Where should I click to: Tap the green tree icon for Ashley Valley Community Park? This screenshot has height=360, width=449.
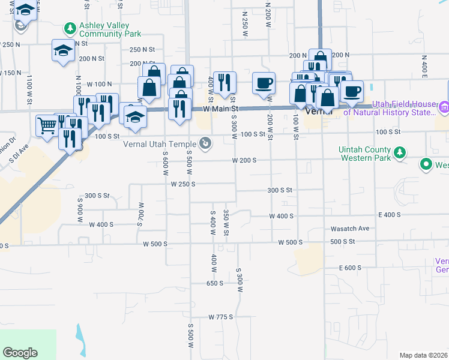pyautogui.click(x=70, y=28)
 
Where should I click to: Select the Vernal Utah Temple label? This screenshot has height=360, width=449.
pyautogui.click(x=160, y=144)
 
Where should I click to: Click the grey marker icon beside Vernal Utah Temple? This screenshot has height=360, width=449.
pyautogui.click(x=206, y=143)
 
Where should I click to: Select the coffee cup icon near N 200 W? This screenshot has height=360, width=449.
pyautogui.click(x=264, y=83)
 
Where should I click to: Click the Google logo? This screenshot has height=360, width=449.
pyautogui.click(x=20, y=353)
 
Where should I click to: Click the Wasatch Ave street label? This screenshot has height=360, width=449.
pyautogui.click(x=349, y=229)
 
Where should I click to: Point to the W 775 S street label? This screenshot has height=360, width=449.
pyautogui.click(x=220, y=316)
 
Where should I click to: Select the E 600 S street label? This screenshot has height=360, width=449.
pyautogui.click(x=350, y=268)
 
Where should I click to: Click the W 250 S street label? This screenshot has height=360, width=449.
pyautogui.click(x=183, y=184)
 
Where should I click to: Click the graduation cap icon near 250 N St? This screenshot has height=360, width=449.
pyautogui.click(x=63, y=50)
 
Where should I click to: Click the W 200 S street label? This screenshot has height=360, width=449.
pyautogui.click(x=244, y=160)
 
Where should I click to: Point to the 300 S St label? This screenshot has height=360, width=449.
pyautogui.click(x=279, y=190)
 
